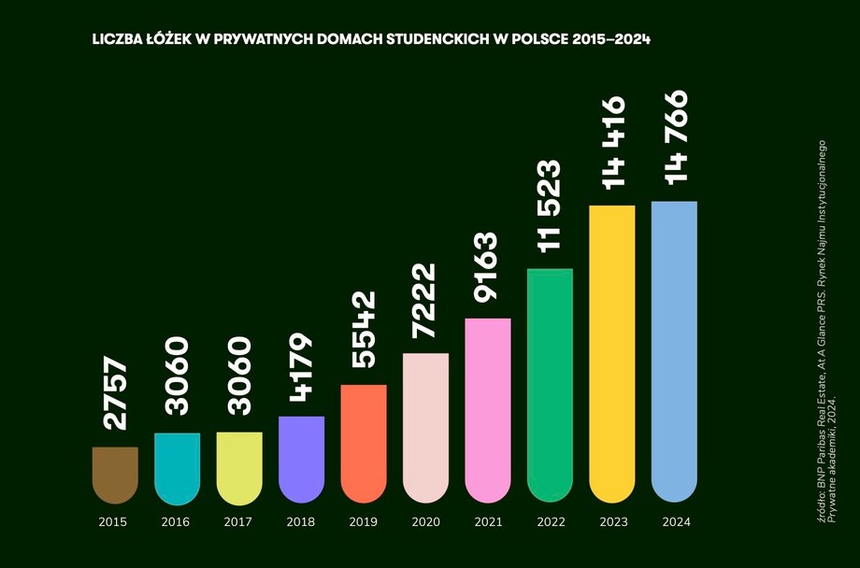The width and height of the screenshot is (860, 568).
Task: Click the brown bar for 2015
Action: [115, 475]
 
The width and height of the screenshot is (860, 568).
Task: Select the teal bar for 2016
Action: [177, 468]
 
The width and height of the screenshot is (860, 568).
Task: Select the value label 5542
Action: [364, 329]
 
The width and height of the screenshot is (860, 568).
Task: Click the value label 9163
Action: [487, 266]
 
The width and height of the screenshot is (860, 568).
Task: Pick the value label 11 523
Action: [549, 206]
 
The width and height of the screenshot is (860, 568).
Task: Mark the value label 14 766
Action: [673, 136]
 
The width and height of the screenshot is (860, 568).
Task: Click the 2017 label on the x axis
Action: [238, 521]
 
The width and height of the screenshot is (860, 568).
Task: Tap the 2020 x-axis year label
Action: [425, 521]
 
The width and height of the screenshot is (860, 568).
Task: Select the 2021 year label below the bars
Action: [487, 521]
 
